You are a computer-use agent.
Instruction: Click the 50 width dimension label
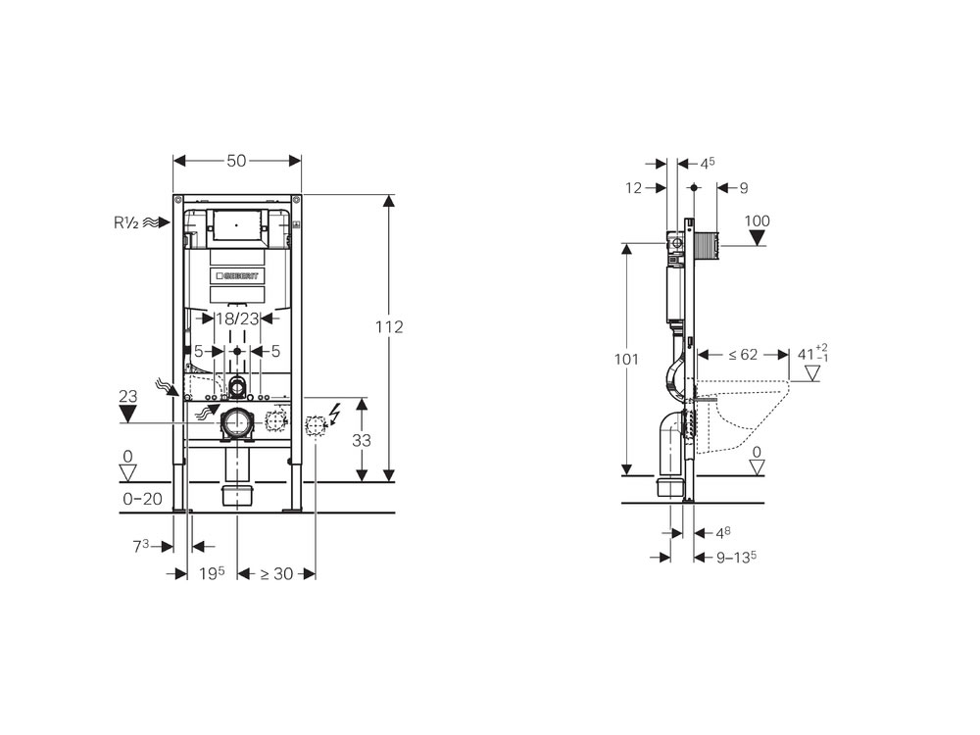pyautogui.click(x=236, y=162)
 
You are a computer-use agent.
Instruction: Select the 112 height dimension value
pyautogui.click(x=389, y=327)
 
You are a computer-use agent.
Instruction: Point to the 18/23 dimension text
pyautogui.click(x=237, y=318)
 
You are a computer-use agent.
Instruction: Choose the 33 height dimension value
pyautogui.click(x=362, y=441)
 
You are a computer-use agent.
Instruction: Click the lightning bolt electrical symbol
pyautogui.click(x=338, y=416)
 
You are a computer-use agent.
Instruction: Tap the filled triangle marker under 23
pyautogui.click(x=126, y=413)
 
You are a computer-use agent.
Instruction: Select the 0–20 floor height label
pyautogui.click(x=141, y=499)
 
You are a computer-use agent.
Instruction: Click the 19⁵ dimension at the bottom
pyautogui.click(x=213, y=574)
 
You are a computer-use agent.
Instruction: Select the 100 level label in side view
pyautogui.click(x=758, y=220)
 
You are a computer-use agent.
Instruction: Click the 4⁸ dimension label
pyautogui.click(x=723, y=532)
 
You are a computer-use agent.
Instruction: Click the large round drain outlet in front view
pyautogui.click(x=237, y=422)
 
